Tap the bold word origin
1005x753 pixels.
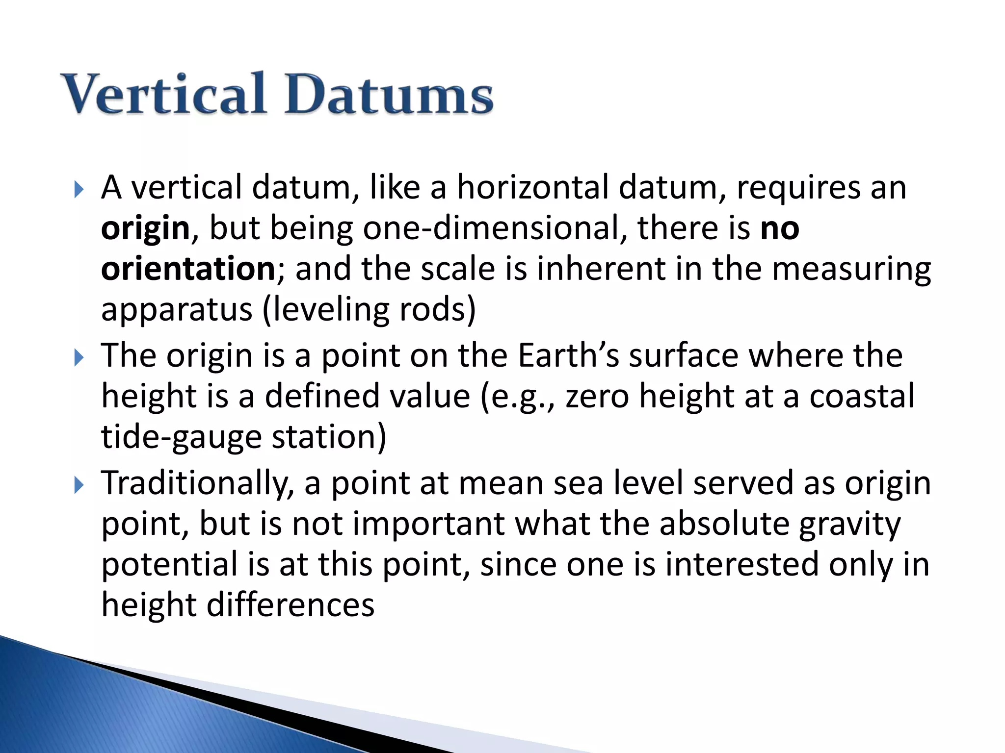click(x=145, y=229)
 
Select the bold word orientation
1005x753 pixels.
click(x=188, y=269)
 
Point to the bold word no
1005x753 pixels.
click(x=780, y=228)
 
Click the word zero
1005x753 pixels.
click(x=597, y=396)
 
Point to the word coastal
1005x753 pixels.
click(x=862, y=396)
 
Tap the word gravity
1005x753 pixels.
click(x=849, y=525)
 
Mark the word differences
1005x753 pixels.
click(x=291, y=605)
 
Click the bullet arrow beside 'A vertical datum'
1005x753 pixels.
click(x=79, y=189)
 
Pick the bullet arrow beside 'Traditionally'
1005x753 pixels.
click(x=79, y=485)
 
